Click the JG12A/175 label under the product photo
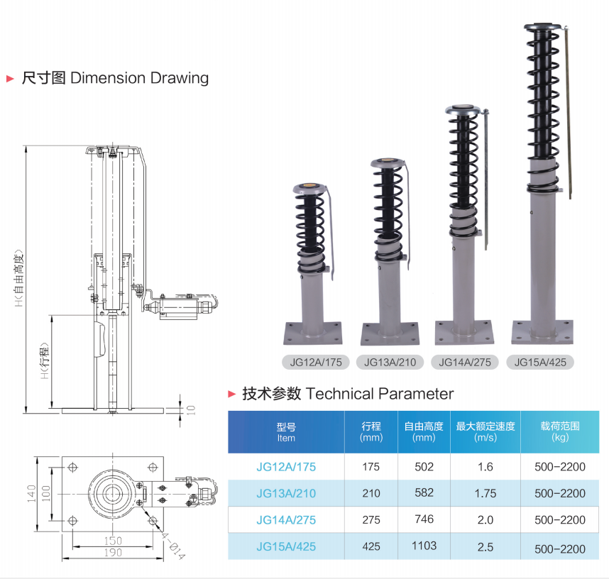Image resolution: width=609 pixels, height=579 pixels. [317, 362]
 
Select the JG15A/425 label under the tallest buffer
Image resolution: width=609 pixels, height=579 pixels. [540, 362]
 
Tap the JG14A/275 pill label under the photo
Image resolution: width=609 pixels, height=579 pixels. [465, 362]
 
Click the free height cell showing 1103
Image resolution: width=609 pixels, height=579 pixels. [424, 546]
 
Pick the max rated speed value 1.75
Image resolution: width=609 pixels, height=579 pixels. [485, 493]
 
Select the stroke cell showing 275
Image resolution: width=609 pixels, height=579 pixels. [371, 519]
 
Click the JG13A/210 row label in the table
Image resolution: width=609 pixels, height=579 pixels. [286, 493]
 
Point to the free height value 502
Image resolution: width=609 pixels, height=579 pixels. [424, 467]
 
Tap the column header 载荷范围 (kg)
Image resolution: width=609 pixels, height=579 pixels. [560, 431]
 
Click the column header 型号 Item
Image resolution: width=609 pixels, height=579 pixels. [286, 432]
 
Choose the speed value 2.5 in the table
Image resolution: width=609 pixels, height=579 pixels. [485, 546]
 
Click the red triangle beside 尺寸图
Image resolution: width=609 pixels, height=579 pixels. [10, 78]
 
